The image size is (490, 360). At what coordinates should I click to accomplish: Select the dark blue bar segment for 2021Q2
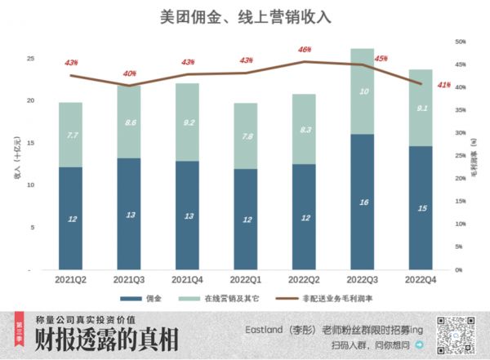tap(71, 218)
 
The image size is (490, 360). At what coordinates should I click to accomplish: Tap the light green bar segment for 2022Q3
tap(362, 91)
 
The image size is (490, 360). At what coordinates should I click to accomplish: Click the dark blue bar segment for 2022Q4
tap(420, 207)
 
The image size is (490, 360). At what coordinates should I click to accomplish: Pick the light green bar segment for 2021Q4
tap(188, 122)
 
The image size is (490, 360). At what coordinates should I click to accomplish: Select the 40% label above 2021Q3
tap(129, 73)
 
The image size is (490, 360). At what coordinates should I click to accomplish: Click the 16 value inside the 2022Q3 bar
tap(362, 202)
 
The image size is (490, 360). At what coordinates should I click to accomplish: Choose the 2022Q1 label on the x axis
tap(246, 279)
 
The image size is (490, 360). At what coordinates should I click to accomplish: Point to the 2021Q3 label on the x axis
tap(129, 279)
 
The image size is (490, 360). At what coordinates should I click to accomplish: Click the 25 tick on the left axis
tap(30, 59)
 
